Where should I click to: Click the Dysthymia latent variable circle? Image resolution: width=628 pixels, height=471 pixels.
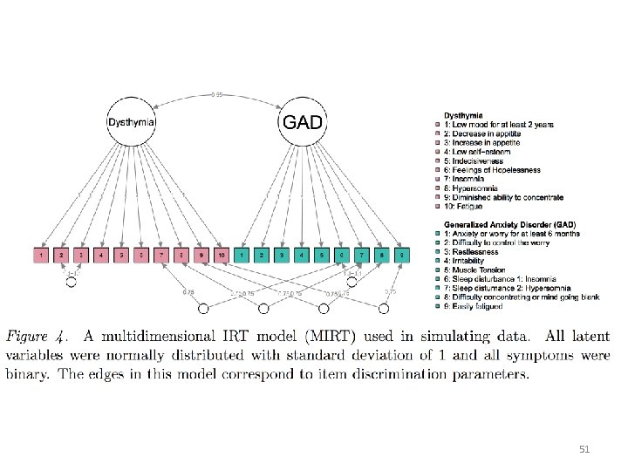pyautogui.click(x=132, y=123)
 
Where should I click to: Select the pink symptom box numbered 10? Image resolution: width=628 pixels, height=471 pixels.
pyautogui.click(x=222, y=255)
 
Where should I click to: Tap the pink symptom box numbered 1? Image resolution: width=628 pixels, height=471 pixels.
pyautogui.click(x=40, y=255)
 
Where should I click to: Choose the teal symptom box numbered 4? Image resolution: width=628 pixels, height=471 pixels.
pyautogui.click(x=302, y=255)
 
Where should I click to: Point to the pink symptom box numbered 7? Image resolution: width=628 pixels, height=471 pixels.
pyautogui.click(x=161, y=255)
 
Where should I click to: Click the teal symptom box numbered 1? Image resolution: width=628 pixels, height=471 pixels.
pyautogui.click(x=242, y=255)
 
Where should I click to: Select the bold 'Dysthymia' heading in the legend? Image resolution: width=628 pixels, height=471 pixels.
pyautogui.click(x=462, y=114)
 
